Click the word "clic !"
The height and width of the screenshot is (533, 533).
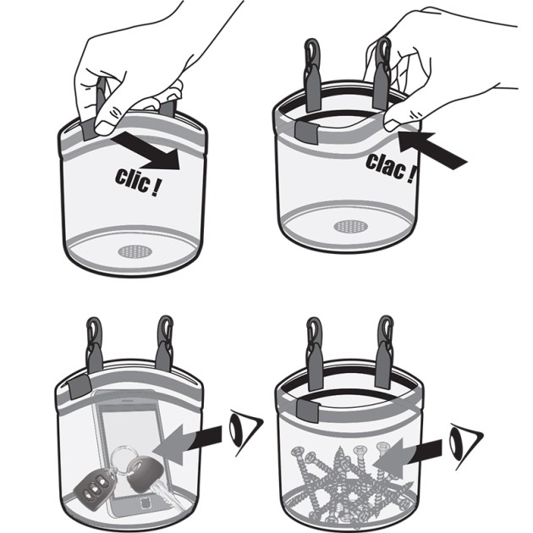137,182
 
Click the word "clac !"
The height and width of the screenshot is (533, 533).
391,168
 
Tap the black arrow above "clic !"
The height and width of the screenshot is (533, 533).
146,151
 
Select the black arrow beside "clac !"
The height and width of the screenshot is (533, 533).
432,150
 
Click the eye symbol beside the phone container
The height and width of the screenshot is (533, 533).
245,431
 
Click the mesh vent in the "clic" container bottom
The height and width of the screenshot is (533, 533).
135,251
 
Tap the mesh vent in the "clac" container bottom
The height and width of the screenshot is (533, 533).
351,226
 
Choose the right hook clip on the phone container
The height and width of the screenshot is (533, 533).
165,343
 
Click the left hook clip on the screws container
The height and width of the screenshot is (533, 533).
315,354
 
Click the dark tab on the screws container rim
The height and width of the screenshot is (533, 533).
308,410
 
